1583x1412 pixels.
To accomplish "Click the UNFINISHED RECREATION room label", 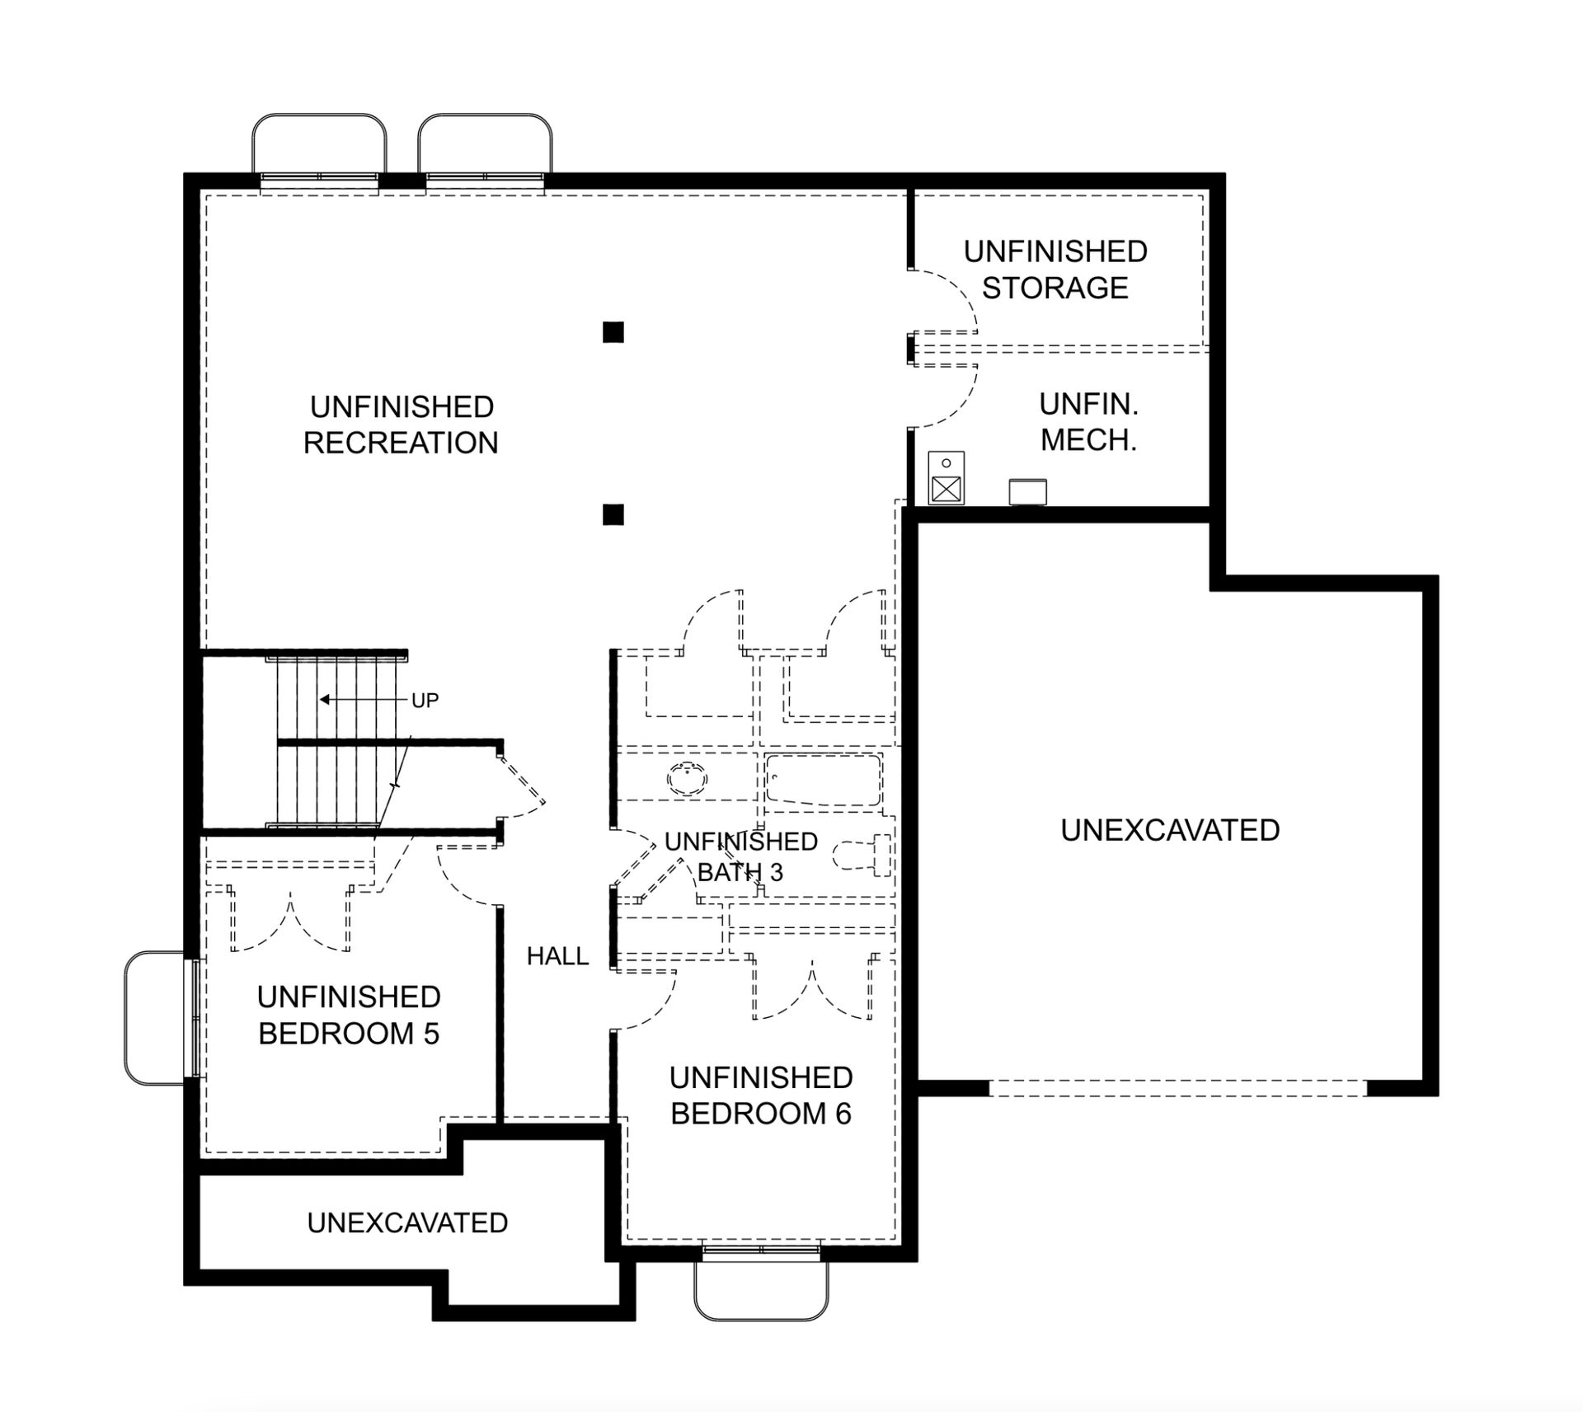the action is pos(401,425).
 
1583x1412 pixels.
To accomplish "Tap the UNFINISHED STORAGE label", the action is pos(1055,270).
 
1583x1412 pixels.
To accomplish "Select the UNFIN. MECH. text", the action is pos(1088,422).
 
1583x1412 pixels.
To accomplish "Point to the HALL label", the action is pos(557,956).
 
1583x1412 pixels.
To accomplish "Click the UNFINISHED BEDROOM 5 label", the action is pos(349,1015).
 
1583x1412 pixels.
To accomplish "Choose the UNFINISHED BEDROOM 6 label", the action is pos(761,1095).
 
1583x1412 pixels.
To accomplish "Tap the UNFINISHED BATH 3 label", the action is pos(740,856).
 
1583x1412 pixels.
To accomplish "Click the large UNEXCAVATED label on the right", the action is pos(1170,830).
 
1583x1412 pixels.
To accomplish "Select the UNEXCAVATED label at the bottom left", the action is pos(407,1222).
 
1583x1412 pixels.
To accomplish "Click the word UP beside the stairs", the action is pos(425,701).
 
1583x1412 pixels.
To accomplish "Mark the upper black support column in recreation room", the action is pos(613,332).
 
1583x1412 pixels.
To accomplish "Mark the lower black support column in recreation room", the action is pos(613,514).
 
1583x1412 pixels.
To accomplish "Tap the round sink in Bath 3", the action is pos(687,777).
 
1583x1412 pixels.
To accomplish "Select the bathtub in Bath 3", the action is pos(823,779).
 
